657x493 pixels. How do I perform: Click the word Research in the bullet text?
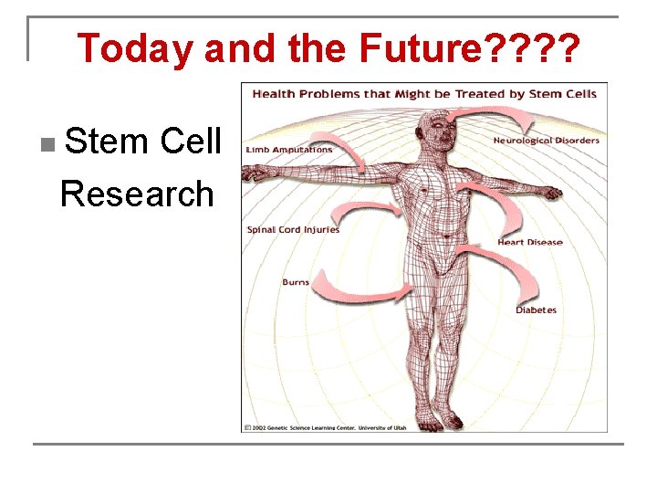coord(137,194)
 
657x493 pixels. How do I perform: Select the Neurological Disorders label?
coord(546,141)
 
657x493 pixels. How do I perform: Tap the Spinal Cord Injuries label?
coord(293,230)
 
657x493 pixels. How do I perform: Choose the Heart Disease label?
coord(529,243)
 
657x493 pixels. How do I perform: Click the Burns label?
coord(296,282)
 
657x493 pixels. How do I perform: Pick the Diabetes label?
coord(536,310)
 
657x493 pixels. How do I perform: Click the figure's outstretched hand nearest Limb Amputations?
coord(258,172)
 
